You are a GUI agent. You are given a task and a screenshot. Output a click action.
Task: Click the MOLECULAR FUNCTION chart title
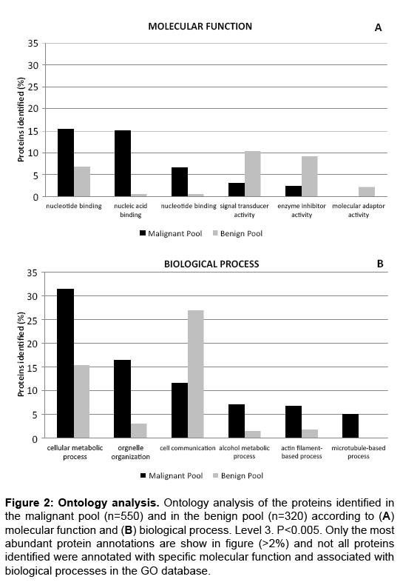pos(200,27)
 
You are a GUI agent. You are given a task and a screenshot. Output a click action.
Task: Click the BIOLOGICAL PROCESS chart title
pos(211,264)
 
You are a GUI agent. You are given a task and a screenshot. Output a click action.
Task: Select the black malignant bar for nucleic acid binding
pos(123,164)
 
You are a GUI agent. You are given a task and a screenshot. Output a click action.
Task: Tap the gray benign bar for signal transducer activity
pos(253,174)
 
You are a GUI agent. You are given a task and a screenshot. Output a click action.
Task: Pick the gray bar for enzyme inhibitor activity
pos(310,176)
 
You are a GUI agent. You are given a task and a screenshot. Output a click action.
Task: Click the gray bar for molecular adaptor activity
pos(367,192)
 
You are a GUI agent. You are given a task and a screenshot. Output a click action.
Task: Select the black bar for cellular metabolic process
pos(66,364)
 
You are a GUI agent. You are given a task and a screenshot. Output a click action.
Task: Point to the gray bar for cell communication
pos(195,374)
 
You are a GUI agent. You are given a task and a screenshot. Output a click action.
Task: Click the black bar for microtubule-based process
pos(350,426)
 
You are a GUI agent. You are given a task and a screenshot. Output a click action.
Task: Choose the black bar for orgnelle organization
pos(123,399)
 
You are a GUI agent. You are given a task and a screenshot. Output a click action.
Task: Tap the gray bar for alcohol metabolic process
pos(253,434)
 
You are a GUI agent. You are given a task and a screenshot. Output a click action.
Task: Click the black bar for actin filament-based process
pos(294,421)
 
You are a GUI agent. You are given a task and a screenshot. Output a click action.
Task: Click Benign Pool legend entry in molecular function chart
pos(237,233)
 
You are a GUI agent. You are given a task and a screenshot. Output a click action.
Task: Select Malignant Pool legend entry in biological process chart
pos(172,475)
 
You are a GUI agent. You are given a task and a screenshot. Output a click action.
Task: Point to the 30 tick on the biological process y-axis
pos(33,296)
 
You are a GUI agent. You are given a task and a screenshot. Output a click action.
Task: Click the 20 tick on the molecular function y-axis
pos(33,109)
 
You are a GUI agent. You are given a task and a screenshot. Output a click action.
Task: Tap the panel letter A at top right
pos(378,27)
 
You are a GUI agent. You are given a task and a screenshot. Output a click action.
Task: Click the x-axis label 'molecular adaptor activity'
pos(359,210)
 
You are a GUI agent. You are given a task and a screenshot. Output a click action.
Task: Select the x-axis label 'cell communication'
pos(188,448)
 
